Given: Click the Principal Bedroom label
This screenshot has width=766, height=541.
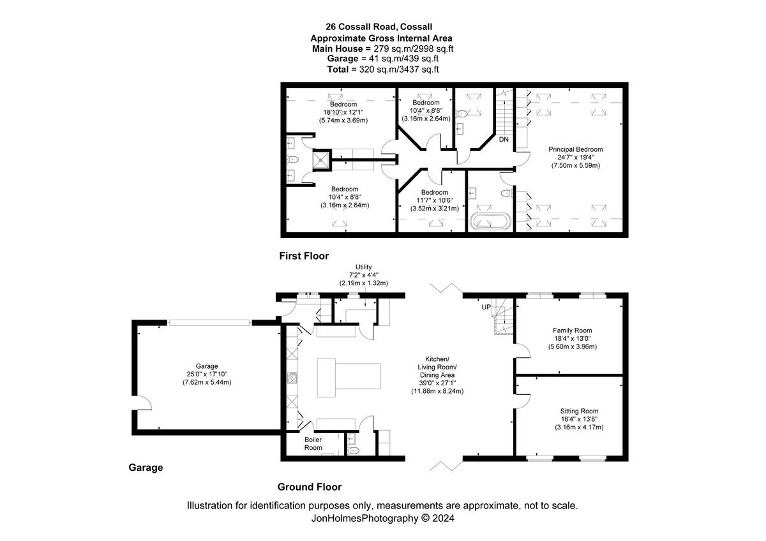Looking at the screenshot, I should coord(575,157).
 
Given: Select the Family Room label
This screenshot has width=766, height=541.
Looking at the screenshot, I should coord(572,338).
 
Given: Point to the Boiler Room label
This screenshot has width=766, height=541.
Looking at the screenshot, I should coord(313,443).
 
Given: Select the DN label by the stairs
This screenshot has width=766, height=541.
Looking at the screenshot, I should coord(504,139).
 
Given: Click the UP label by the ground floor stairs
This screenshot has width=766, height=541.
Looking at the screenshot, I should coord(486,308).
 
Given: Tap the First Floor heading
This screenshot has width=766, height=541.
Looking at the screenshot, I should coord(304,256).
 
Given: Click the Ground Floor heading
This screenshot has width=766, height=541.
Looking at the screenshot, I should coord(309,487).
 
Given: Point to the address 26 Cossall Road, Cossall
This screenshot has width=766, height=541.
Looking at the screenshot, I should coord(379,27).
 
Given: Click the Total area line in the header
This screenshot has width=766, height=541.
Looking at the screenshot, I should coord(383,69).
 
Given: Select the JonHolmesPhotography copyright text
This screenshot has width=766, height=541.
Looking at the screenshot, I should coord(382,519).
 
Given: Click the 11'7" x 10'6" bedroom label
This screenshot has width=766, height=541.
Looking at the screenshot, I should coord(434,200).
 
